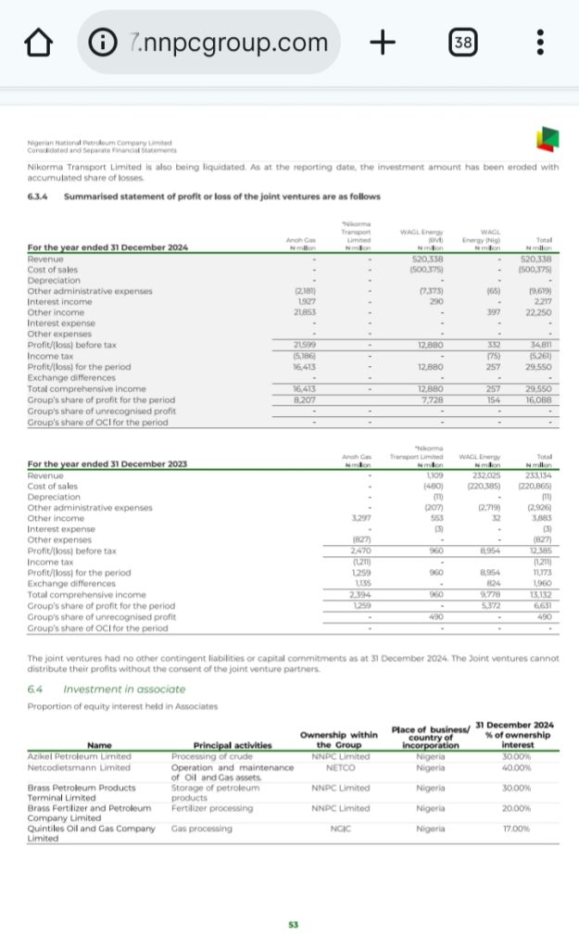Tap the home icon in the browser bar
[38, 43]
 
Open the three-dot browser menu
[540, 43]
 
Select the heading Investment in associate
[124, 689]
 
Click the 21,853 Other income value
[306, 314]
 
